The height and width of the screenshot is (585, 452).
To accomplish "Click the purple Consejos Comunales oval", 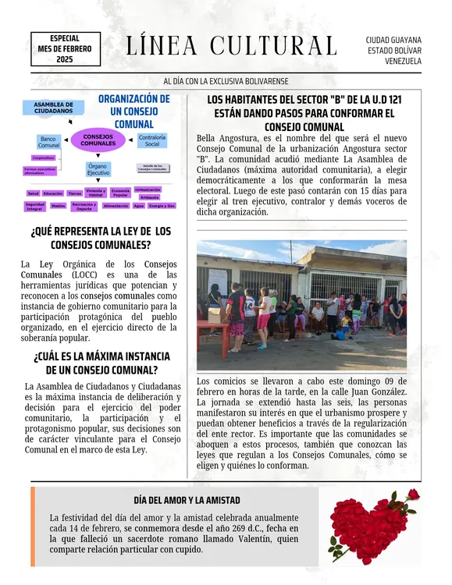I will pos(98,140).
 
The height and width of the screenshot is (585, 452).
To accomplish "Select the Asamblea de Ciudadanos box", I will pos(54,108).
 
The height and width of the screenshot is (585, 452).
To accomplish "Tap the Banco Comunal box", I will pos(49,141).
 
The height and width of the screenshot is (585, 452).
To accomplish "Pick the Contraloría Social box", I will pos(151,140).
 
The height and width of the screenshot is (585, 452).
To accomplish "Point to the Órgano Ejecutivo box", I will pos(98,169).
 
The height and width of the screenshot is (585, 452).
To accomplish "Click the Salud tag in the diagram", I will pos(33,193).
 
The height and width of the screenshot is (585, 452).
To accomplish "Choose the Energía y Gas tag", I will pos(161,206).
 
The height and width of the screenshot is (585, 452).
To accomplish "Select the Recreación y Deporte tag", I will pos(84,207).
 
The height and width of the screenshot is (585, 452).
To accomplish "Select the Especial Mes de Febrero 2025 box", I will pos(65,48).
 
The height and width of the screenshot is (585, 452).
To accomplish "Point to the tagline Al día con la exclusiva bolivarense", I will pos(226,81).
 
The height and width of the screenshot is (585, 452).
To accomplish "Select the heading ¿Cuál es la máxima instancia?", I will pos(96,363).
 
